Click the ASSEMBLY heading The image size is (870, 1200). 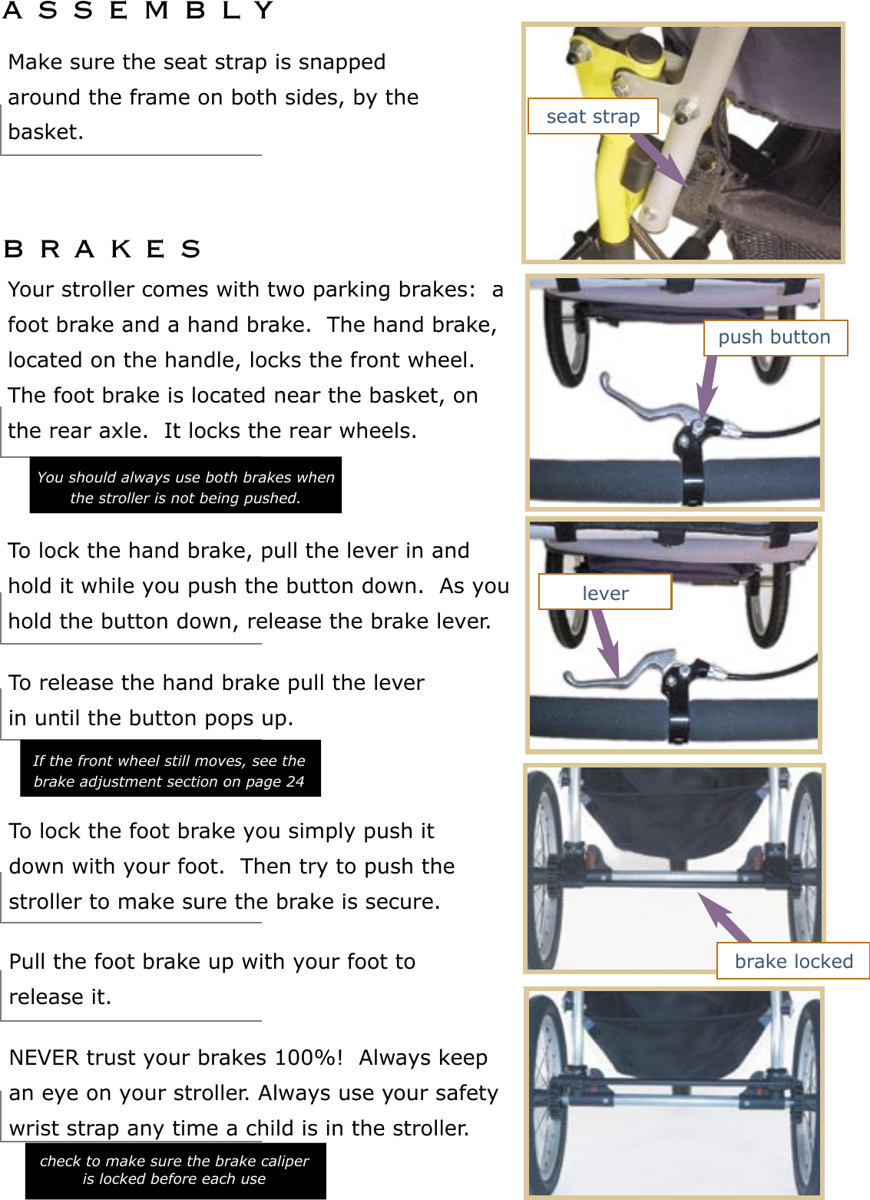point(138,11)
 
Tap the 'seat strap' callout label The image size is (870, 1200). point(593,117)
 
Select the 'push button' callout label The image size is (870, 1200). point(775,337)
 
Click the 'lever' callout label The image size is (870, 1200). point(605,593)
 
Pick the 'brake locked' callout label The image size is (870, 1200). point(793,961)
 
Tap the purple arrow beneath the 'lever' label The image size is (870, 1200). point(606,642)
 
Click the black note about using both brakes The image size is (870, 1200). point(185,486)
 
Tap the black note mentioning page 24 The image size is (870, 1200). point(170,770)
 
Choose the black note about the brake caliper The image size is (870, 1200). point(174,1170)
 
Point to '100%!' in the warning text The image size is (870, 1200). point(309,1058)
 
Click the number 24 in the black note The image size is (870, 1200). point(295,781)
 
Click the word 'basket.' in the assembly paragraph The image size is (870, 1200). point(45,132)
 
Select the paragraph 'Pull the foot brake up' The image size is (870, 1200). point(212,979)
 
